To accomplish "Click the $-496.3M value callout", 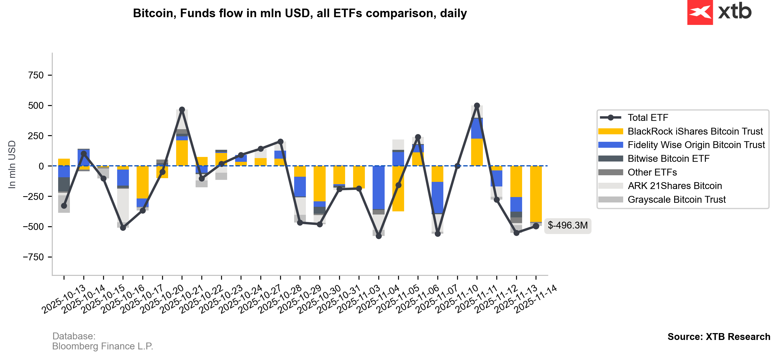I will (x=567, y=226).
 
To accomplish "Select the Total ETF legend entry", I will (x=648, y=118).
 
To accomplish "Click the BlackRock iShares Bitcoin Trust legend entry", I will (x=695, y=131).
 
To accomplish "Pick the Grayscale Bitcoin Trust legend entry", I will (x=676, y=200).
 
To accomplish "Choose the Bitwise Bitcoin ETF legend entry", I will (x=668, y=159).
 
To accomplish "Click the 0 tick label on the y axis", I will (x=41, y=166).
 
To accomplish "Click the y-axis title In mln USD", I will (x=12, y=164).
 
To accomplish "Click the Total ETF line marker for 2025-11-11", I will (x=477, y=106).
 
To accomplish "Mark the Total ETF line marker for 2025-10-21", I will (x=182, y=109).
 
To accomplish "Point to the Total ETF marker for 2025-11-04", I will (x=379, y=236).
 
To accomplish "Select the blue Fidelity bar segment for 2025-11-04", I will (x=379, y=188).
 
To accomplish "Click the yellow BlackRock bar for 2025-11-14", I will (x=536, y=194).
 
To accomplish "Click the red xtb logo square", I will (x=700, y=12).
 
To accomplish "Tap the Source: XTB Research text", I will (x=719, y=337).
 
